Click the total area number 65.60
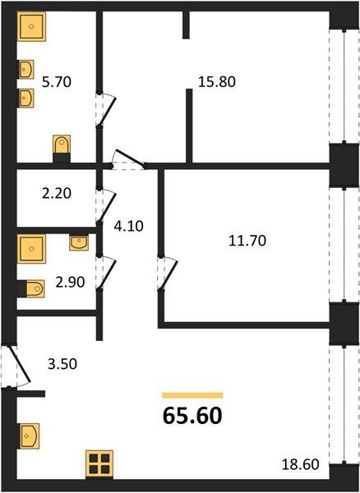tap(192, 415)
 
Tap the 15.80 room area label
tap(217, 81)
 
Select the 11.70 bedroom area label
tap(247, 241)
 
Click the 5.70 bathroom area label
tap(57, 82)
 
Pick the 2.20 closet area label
tap(57, 193)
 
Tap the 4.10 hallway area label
tap(128, 226)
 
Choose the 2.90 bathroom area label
tap(70, 282)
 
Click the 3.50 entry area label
tap(62, 364)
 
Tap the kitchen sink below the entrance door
tap(29, 435)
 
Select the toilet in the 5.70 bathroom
tap(62, 149)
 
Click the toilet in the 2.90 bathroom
tap(31, 288)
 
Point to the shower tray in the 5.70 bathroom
tap(31, 26)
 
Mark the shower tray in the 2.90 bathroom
tap(31, 249)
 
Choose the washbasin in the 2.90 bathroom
tap(79, 243)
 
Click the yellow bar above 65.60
tap(192, 395)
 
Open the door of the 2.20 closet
tap(107, 205)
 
